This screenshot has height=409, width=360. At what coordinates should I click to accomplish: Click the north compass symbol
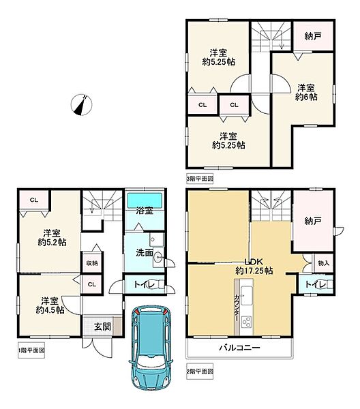(81, 104)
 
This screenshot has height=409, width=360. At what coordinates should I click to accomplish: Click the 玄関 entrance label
(102, 327)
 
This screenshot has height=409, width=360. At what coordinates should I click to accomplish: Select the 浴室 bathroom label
(145, 211)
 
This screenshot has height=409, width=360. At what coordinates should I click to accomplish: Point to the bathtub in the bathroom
(145, 200)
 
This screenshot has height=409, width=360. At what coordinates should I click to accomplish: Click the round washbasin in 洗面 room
(158, 258)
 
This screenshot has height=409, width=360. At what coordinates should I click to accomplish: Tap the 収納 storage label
(92, 263)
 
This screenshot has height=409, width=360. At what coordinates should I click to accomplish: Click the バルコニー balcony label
(239, 348)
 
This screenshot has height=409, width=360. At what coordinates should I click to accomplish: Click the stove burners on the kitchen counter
(246, 321)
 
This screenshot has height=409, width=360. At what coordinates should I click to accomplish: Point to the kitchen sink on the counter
(246, 295)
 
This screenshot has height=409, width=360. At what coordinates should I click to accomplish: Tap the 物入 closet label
(324, 263)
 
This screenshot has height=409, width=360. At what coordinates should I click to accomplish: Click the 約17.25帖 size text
(254, 271)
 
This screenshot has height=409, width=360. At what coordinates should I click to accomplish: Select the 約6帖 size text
(306, 97)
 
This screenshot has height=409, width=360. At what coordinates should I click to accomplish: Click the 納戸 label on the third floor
(313, 36)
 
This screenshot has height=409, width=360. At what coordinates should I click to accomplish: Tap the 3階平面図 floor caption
(200, 179)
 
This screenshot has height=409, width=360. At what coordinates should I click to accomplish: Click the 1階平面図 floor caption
(31, 350)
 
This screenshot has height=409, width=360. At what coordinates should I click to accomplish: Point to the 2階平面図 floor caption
(200, 371)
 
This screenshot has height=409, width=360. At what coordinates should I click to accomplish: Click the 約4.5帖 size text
(50, 310)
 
